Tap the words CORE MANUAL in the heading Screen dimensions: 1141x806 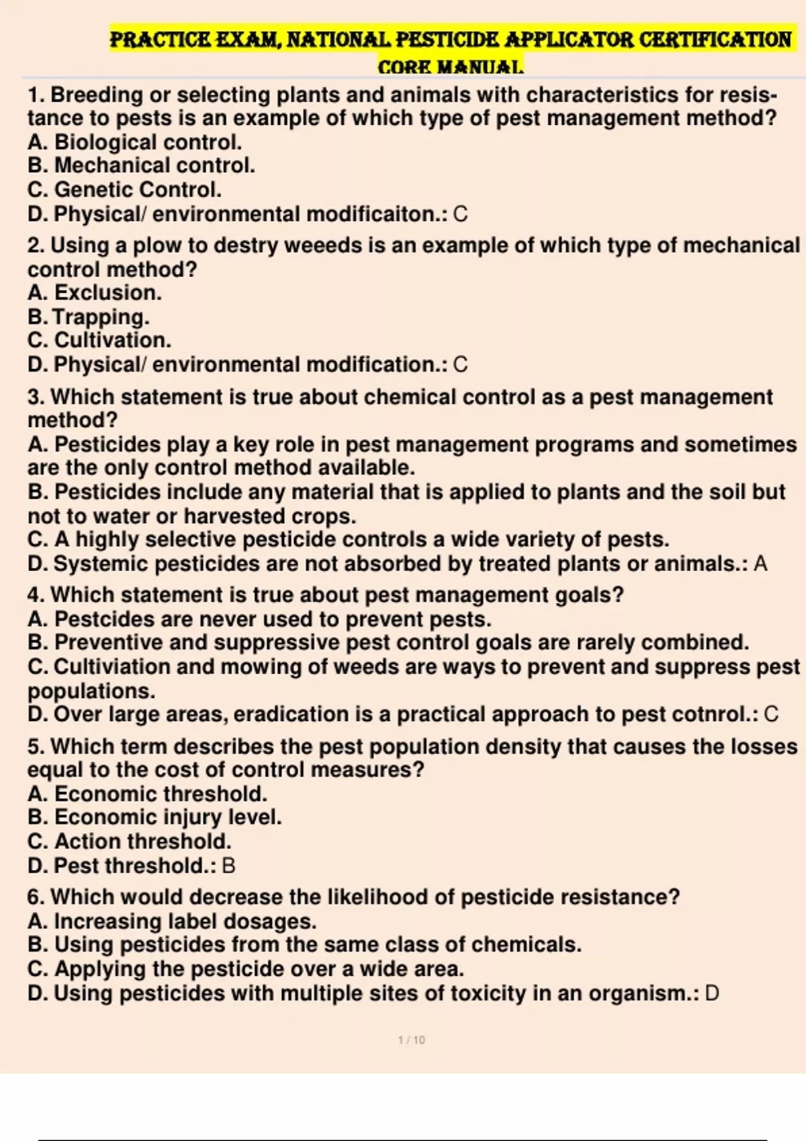tap(450, 67)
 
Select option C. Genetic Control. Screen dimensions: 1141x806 tap(124, 190)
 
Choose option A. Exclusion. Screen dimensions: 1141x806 tap(95, 293)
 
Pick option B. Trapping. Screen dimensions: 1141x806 tap(89, 317)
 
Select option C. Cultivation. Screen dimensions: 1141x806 tap(99, 340)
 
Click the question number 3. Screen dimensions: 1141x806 tap(35, 397)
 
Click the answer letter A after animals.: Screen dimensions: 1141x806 tap(760, 564)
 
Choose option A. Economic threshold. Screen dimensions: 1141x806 tap(148, 794)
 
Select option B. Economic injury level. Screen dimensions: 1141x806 tap(154, 817)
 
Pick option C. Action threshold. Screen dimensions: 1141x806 tap(130, 842)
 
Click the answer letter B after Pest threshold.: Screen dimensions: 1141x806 tap(228, 866)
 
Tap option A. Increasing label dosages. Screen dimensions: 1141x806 tap(172, 922)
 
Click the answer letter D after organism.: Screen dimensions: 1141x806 tap(712, 993)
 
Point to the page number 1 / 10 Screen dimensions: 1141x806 tap(412, 1040)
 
